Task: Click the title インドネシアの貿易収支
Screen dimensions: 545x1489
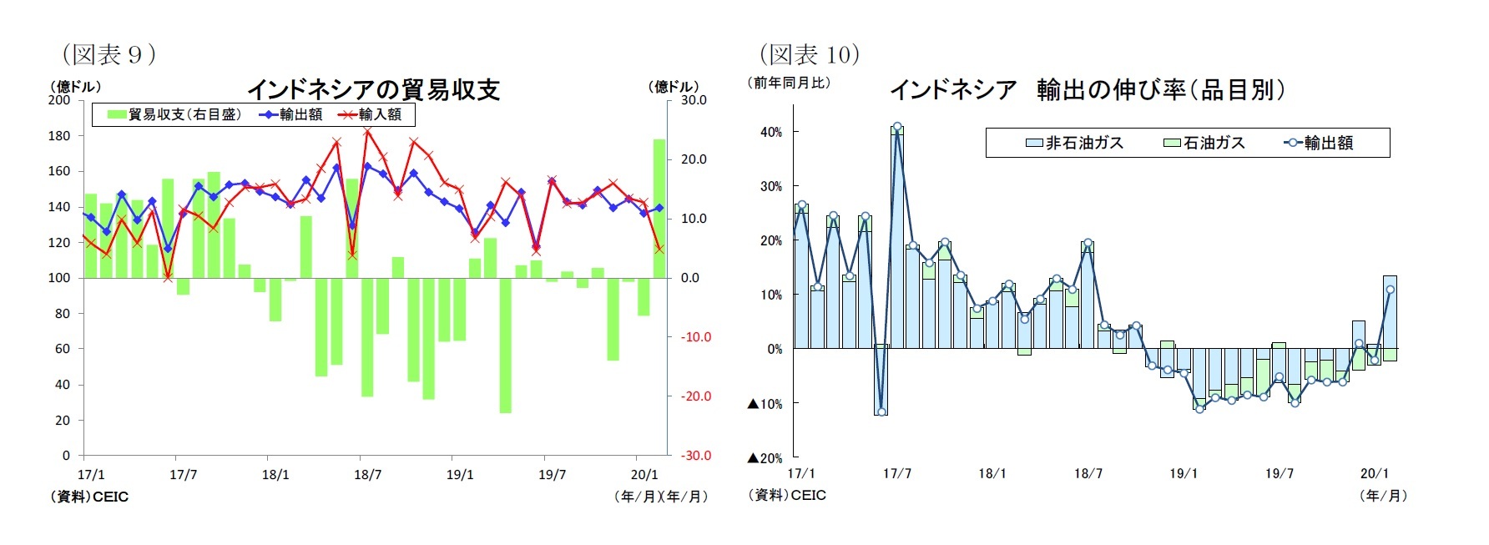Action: point(372,89)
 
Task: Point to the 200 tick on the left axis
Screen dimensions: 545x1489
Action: point(59,100)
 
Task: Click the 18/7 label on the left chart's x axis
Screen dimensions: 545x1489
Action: point(367,475)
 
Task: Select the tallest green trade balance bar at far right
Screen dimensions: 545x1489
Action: point(659,208)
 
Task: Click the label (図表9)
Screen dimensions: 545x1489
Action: point(109,55)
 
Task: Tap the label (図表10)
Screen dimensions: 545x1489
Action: point(809,55)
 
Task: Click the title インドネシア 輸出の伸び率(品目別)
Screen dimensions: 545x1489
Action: point(1087,89)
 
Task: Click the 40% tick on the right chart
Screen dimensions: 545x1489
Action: point(771,132)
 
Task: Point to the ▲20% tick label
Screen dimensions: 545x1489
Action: point(765,458)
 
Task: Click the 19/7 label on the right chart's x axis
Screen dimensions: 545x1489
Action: point(1279,474)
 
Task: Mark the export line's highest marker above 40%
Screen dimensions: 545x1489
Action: point(897,128)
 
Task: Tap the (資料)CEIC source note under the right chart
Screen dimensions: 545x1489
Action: point(787,495)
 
